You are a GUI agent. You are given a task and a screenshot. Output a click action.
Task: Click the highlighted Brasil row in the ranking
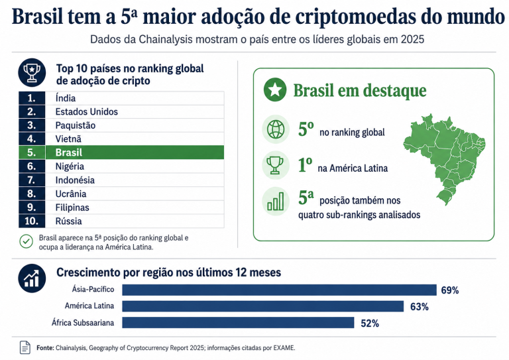point(121,152)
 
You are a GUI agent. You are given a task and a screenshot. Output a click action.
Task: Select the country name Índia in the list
point(66,98)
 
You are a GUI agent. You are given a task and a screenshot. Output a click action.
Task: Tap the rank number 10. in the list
point(32,221)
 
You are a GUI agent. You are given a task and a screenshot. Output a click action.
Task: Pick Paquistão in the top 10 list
point(76,125)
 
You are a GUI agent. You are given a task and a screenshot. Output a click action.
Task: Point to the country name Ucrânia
point(71,194)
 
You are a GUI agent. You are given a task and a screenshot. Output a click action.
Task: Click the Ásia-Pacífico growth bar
point(279,290)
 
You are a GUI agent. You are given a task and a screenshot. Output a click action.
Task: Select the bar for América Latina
point(262,306)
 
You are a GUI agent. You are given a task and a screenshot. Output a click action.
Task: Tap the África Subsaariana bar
point(238,323)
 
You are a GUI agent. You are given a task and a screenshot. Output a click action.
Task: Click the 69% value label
point(450,290)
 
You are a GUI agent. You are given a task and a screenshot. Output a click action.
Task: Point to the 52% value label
point(370,324)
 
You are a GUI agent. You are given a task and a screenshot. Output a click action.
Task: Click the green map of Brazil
point(445,159)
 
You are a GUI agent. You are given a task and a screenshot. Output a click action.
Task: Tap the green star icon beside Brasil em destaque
point(275,90)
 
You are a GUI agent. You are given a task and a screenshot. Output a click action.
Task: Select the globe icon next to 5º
point(276,129)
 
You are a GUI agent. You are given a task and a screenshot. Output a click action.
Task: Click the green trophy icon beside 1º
point(276,165)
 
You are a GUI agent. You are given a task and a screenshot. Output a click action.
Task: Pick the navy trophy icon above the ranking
point(32,72)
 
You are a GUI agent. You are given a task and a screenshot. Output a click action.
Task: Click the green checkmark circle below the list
point(27,241)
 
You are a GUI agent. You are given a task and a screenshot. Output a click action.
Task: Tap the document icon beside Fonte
point(25,347)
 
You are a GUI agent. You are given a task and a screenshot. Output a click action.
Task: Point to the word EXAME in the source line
point(284,348)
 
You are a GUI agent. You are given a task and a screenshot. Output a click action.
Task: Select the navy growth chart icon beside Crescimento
point(32,278)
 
